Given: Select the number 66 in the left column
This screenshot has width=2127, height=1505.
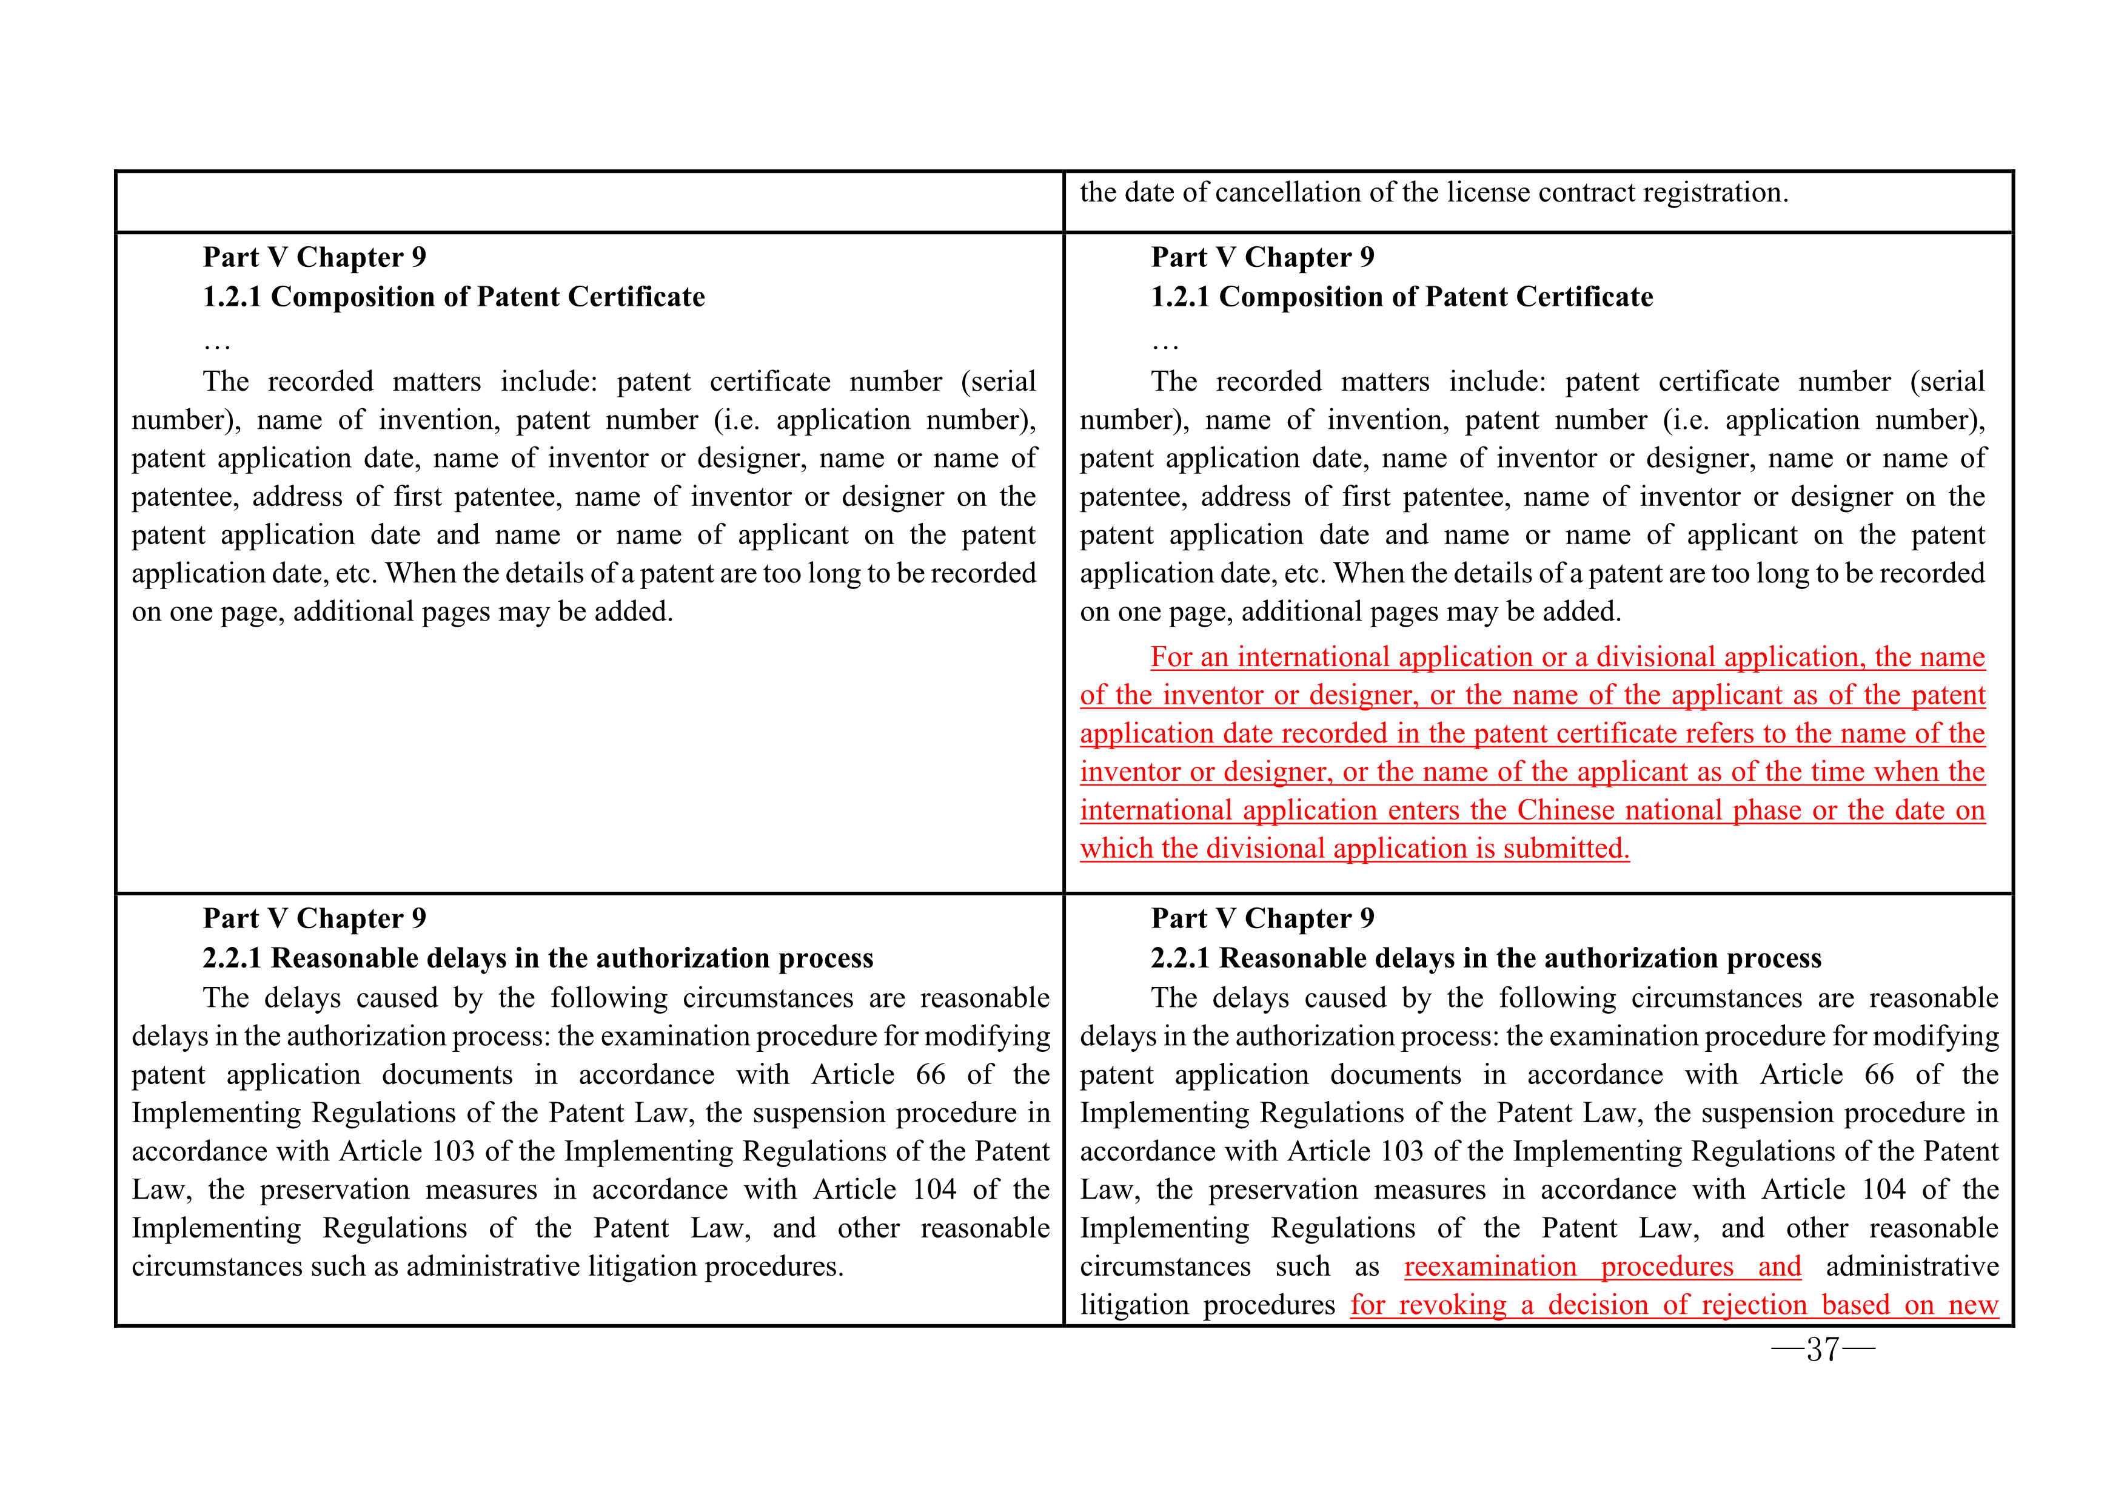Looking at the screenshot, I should coord(930,1075).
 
